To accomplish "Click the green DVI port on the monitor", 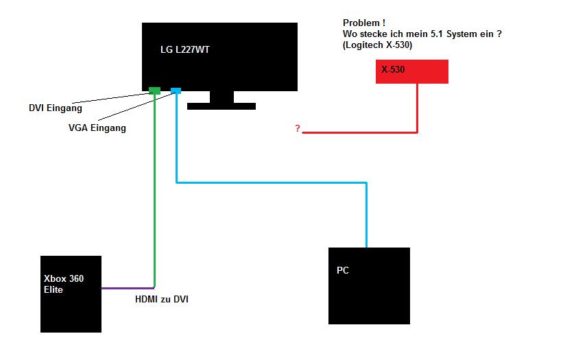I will (154, 91).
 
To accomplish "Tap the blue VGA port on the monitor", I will (176, 91).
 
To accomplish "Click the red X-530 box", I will (411, 72).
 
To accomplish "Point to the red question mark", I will (298, 129).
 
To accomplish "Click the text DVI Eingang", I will (56, 108).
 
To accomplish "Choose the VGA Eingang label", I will (97, 128).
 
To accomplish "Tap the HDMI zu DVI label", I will (162, 299).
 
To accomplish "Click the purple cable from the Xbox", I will (128, 288).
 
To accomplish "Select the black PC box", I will (369, 295).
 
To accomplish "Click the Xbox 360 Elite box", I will (71, 302).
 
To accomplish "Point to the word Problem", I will (359, 23).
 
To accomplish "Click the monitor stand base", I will (221, 106).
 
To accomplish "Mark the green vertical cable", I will (155, 192).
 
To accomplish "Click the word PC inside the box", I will (343, 270).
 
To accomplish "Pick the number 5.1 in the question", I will (442, 34).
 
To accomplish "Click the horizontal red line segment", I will (360, 132).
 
